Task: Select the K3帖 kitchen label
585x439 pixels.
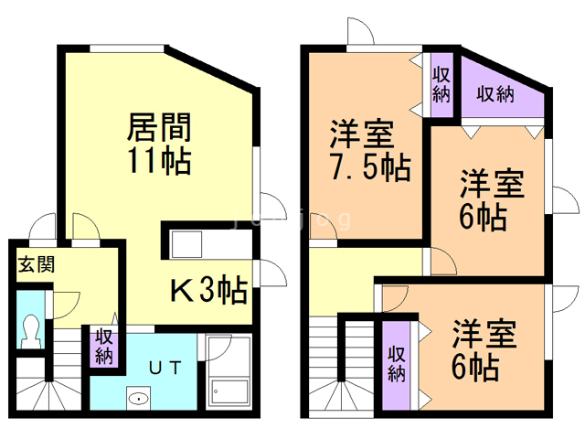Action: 209,291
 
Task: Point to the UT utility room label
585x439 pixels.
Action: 165,366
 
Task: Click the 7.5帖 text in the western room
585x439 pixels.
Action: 371,168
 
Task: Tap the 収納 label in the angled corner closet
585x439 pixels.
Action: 495,93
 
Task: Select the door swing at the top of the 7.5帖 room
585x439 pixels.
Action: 359,33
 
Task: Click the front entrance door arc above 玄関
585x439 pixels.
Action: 40,229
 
